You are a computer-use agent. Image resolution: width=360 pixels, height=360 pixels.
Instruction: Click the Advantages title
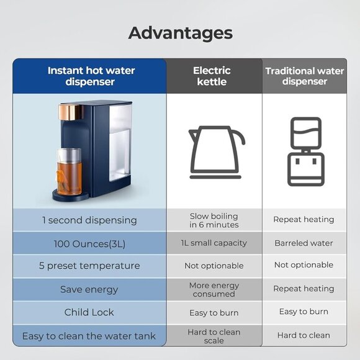180,33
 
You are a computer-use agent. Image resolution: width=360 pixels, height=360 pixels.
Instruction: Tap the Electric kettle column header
212,76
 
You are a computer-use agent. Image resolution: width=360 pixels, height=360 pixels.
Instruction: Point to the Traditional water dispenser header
304,76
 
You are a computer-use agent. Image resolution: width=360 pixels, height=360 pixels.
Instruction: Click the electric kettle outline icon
215,152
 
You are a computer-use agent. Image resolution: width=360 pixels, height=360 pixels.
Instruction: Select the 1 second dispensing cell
89,220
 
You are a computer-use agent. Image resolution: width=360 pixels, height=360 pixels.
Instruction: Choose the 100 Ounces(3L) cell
89,243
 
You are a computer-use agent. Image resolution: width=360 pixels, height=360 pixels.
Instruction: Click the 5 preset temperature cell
89,266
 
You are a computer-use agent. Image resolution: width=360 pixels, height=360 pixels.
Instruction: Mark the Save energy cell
89,289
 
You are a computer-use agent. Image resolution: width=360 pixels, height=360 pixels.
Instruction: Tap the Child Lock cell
89,312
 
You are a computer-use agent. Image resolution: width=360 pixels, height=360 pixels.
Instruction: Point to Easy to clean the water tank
89,336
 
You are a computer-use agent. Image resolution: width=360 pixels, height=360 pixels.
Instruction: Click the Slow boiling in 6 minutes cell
214,220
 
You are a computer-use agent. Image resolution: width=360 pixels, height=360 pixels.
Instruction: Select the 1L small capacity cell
214,243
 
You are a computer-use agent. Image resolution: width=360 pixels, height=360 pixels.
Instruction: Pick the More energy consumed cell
214,289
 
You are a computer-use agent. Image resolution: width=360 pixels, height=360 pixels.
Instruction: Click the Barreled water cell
304,243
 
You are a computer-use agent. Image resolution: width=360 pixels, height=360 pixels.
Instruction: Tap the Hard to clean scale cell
214,336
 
